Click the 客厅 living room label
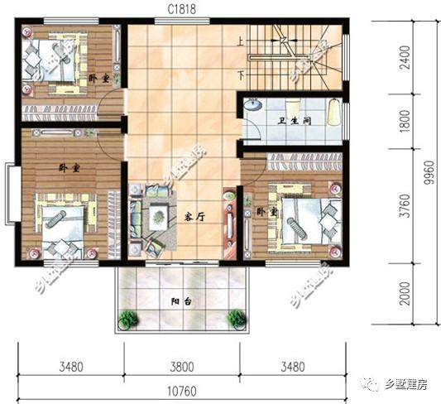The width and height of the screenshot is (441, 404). tap(194, 217)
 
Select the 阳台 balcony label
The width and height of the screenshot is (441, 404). tap(183, 303)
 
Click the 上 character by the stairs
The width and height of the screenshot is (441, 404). tap(240, 40)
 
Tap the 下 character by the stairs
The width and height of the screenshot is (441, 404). tap(240, 74)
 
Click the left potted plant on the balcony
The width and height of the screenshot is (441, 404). tap(127, 318)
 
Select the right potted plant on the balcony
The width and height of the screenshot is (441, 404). tap(237, 317)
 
